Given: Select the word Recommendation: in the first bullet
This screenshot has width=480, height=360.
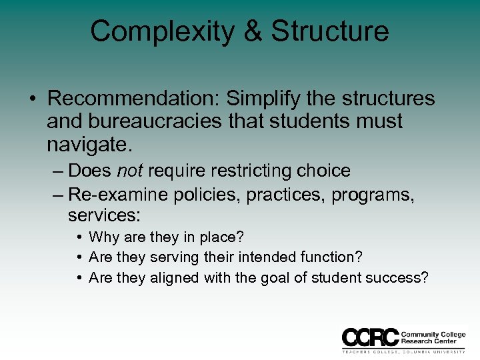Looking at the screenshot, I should tap(133, 99).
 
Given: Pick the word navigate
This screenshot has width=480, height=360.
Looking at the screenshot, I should tap(87, 144).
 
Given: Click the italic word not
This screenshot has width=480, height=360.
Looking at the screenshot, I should tap(130, 171).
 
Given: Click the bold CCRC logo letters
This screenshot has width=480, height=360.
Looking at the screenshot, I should tap(370, 336).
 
